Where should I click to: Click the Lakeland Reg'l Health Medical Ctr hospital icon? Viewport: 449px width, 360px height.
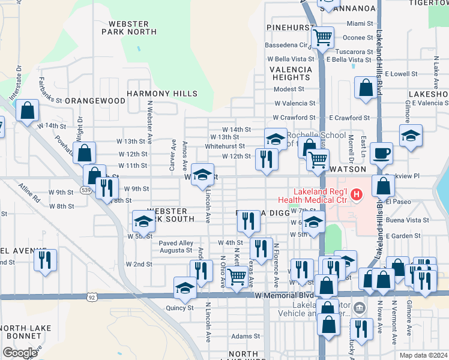[357, 194]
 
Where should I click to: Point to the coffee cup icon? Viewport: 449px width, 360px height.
[381, 154]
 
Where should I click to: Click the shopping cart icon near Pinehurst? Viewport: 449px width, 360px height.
[323, 38]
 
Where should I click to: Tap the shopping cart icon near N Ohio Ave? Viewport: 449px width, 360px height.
[238, 277]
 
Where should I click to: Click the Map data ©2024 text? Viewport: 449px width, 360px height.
[424, 355]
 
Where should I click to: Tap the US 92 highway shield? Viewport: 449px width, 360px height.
[91, 297]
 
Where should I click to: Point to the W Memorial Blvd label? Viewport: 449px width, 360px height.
[285, 296]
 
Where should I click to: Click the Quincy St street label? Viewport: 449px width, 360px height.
[180, 308]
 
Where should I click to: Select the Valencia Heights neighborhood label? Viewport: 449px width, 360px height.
[291, 73]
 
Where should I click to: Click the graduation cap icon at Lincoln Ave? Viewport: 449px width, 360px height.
[203, 175]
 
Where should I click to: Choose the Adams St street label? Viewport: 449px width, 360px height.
[246, 337]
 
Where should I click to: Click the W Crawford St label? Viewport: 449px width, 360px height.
[294, 118]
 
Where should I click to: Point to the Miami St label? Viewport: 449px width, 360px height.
[360, 23]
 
